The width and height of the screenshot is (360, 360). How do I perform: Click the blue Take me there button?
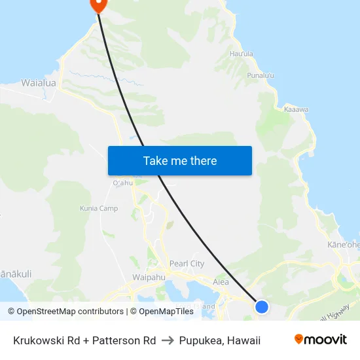click(x=180, y=160)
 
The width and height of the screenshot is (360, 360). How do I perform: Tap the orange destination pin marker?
click(x=98, y=4)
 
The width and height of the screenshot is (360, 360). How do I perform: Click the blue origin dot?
click(x=262, y=306)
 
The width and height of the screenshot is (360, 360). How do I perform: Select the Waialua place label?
click(x=39, y=83)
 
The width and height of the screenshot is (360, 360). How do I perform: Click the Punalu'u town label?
click(x=261, y=76)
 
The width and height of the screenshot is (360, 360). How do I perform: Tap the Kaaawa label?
click(x=296, y=109)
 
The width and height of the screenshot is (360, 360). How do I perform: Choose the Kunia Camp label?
click(x=99, y=208)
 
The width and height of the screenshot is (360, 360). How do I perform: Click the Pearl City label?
click(x=187, y=264)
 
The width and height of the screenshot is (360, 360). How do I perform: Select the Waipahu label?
click(x=149, y=278)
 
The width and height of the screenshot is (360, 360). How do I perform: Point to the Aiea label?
click(x=221, y=282)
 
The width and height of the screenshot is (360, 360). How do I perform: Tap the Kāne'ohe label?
click(x=344, y=245)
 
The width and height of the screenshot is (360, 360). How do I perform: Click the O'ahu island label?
click(x=123, y=183)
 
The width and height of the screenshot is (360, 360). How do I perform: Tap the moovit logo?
click(x=321, y=339)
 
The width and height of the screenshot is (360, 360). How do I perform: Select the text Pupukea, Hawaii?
click(x=221, y=340)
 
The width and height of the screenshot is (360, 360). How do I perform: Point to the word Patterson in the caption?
click(x=112, y=340)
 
